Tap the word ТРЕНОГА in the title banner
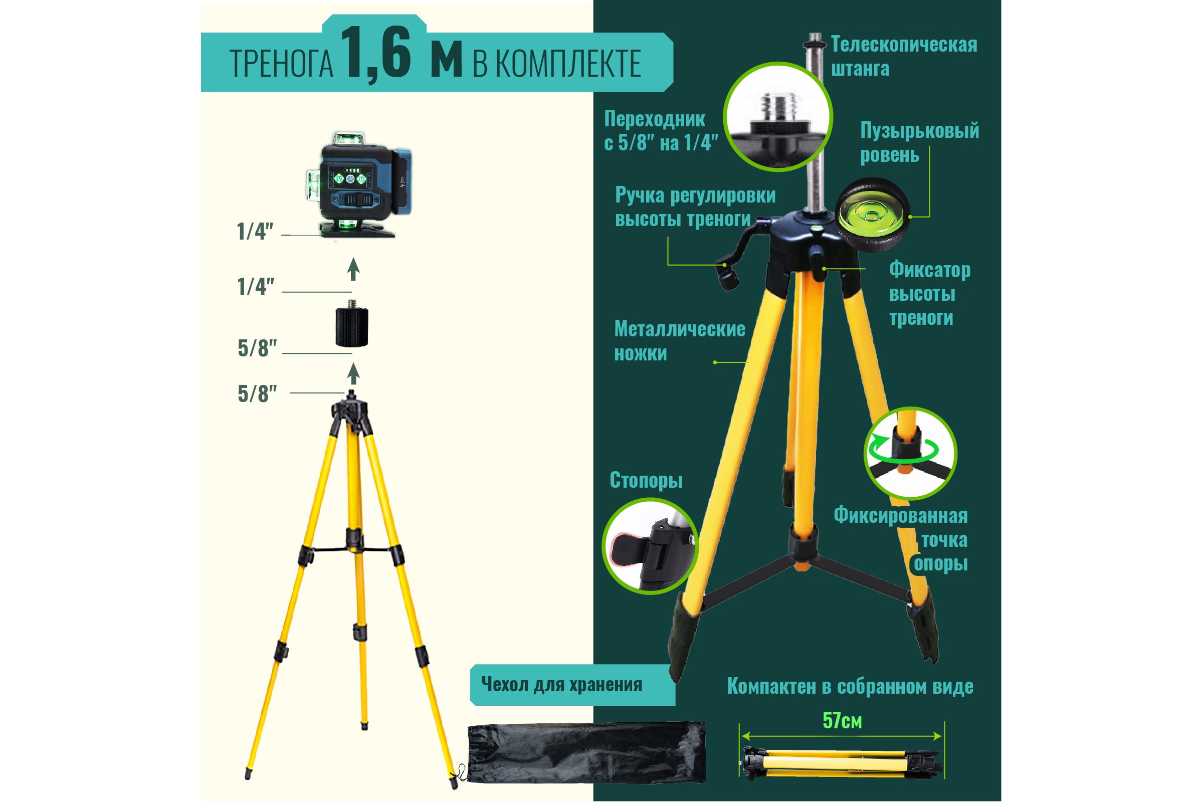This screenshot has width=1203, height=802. pos(281,64)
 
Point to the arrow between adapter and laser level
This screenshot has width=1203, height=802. pos(353,269)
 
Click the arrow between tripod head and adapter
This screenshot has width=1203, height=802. pos(353,373)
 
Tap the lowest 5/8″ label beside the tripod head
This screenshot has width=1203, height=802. pos(257,394)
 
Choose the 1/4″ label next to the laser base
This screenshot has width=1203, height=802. pos(255,231)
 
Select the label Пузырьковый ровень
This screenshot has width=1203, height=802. pos(919,142)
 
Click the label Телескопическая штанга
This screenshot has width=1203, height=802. pos(904,56)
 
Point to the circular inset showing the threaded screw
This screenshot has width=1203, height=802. pos(777,117)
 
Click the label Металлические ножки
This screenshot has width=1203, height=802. pos(679,341)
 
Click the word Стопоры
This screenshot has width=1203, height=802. pos(646,480)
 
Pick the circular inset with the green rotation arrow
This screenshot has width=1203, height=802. pos(910,453)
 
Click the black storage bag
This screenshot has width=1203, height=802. pos(586,752)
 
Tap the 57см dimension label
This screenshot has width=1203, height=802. pos(842,721)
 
